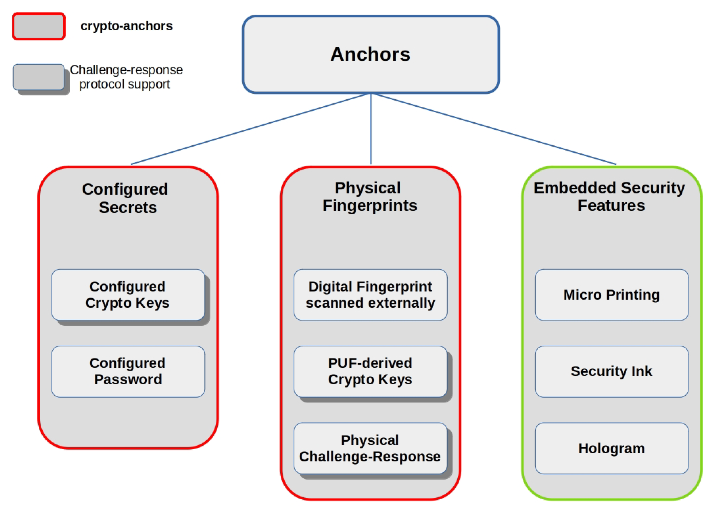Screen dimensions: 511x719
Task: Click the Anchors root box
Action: pos(370,54)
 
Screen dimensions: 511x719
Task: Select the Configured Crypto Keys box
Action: pos(128,295)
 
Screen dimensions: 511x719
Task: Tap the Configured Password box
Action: pos(128,371)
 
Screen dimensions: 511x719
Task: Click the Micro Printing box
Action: pos(611,295)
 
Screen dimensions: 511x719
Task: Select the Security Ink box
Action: pos(611,371)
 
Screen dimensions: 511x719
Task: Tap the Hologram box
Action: pos(611,448)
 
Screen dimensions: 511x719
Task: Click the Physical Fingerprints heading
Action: pos(369,197)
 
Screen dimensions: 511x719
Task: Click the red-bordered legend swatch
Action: pos(39,26)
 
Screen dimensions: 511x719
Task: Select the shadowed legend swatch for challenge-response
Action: pos(39,77)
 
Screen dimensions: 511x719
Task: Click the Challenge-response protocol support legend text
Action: pos(126,77)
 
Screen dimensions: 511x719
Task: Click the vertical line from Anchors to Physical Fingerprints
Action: pos(371,129)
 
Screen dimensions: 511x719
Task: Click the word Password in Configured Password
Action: pos(128,379)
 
